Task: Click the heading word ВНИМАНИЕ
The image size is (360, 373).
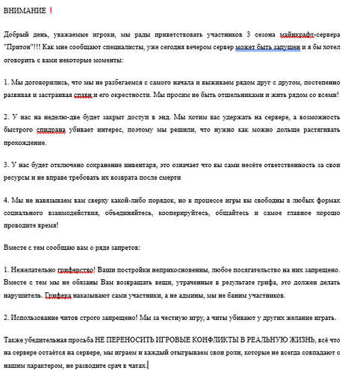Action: point(24,11)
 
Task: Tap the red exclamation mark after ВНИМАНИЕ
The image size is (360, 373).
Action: point(51,10)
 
